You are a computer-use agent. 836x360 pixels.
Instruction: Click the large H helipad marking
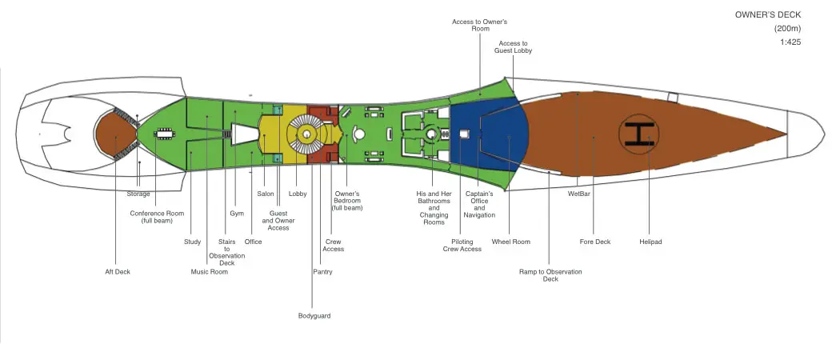click(638, 134)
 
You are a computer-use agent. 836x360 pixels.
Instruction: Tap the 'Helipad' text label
click(650, 242)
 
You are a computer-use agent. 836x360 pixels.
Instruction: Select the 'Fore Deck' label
click(595, 242)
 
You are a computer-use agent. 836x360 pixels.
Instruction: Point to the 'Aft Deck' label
click(118, 272)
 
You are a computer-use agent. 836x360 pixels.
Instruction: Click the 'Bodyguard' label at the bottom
click(314, 316)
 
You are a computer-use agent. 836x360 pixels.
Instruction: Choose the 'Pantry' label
click(322, 272)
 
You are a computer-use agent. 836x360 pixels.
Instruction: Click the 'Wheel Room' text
click(510, 242)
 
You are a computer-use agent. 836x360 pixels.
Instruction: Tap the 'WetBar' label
click(579, 194)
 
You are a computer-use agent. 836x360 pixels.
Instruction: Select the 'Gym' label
click(237, 214)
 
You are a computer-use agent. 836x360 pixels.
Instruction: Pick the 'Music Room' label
click(209, 272)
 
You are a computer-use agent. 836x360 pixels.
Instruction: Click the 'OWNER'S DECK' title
click(768, 15)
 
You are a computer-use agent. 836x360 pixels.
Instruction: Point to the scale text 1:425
click(790, 42)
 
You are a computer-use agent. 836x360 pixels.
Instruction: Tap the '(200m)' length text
click(787, 29)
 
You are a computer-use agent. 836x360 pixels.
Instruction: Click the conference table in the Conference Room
click(162, 134)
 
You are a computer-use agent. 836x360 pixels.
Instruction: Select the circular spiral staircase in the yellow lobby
click(306, 134)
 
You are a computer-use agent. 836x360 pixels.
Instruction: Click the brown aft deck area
click(116, 134)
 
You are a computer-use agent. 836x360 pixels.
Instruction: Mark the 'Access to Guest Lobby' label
click(513, 47)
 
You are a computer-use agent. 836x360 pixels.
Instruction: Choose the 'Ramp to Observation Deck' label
click(550, 275)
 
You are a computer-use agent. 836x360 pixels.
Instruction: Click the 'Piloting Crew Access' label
click(462, 246)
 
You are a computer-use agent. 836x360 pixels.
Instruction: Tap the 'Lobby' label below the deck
click(298, 194)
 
